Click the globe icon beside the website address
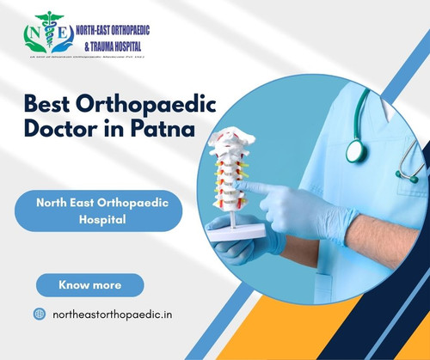(39, 314)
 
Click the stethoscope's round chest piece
(355, 149)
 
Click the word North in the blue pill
(55, 202)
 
